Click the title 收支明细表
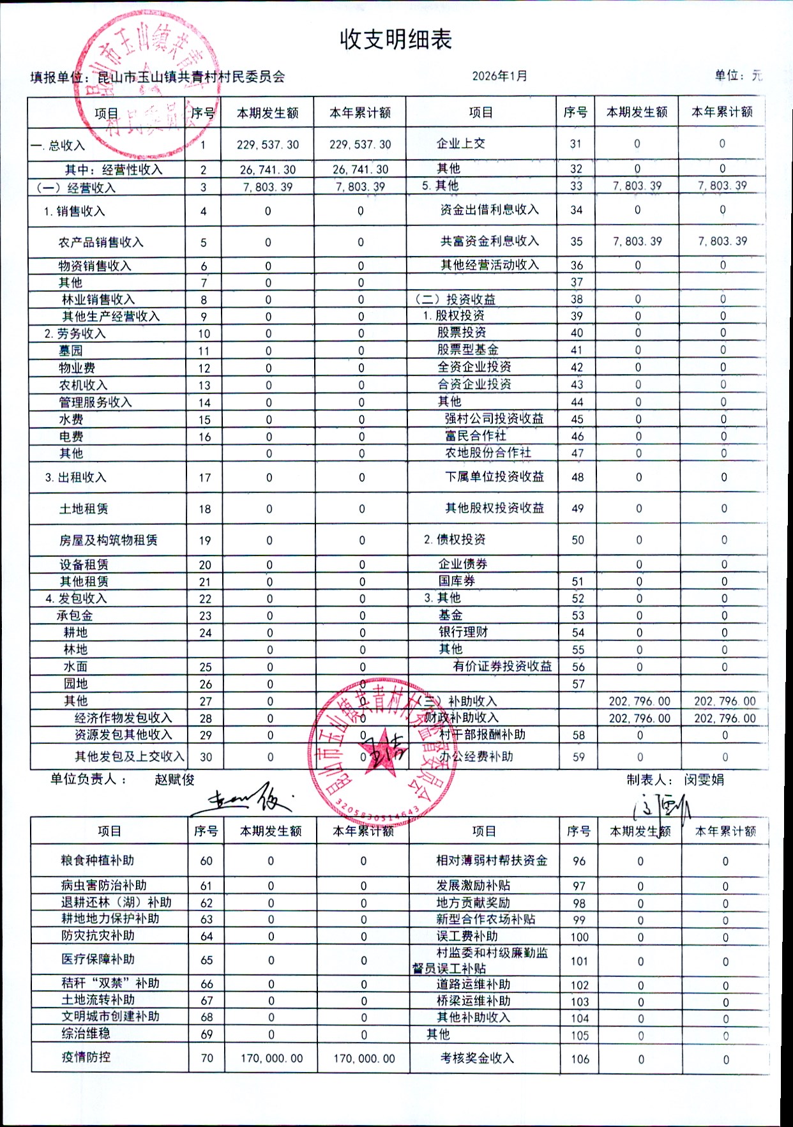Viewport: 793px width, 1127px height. click(x=396, y=40)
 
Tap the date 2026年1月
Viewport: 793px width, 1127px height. click(x=500, y=76)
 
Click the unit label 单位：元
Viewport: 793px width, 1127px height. click(x=738, y=75)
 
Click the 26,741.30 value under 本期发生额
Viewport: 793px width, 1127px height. click(x=268, y=169)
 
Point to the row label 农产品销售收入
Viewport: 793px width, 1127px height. click(x=101, y=242)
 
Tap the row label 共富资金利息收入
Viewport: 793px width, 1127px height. click(x=490, y=241)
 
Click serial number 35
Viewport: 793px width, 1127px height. click(x=577, y=241)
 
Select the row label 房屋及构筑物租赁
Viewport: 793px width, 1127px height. click(x=108, y=540)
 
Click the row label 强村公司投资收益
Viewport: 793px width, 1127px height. click(x=494, y=418)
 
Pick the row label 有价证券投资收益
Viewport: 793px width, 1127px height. click(x=502, y=666)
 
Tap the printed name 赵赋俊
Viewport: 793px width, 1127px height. click(x=174, y=779)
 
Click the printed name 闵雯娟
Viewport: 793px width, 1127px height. click(x=704, y=780)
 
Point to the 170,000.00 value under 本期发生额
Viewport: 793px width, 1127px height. click(x=271, y=1058)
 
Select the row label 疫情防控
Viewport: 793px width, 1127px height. click(x=86, y=1057)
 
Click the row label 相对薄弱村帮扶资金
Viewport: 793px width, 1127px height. click(x=492, y=860)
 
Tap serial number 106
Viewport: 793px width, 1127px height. click(x=580, y=1059)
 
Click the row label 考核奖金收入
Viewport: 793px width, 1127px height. click(x=477, y=1058)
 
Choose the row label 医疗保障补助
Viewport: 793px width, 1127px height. click(x=98, y=959)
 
